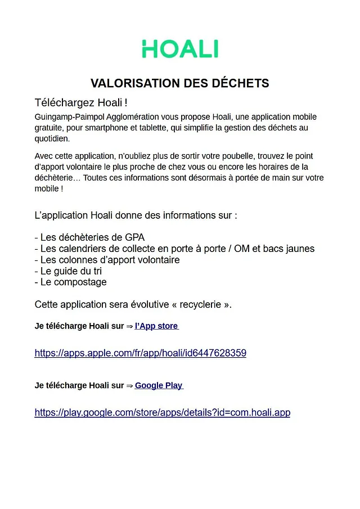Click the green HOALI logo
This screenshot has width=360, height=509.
coord(180,49)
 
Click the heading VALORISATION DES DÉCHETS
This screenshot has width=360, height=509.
coord(180,84)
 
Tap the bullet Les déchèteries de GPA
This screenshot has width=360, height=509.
coord(89,237)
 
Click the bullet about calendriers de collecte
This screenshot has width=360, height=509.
coord(174,249)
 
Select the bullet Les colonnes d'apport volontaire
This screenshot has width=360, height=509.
coord(107,260)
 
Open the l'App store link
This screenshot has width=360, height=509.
coord(156,326)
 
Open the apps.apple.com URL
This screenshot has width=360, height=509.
coord(140,353)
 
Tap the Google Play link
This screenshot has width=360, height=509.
coord(159,385)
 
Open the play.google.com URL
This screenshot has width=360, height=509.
coord(162,412)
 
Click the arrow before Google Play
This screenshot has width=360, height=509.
coord(129,385)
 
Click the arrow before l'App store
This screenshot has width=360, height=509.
coord(129,326)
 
